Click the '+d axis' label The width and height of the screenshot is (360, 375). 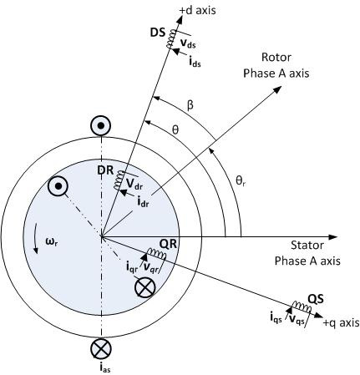pyautogui.click(x=197, y=11)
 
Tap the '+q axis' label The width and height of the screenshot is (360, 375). pyautogui.click(x=341, y=323)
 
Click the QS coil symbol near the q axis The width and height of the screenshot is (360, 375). pyautogui.click(x=302, y=307)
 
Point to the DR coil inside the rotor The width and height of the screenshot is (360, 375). pyautogui.click(x=119, y=180)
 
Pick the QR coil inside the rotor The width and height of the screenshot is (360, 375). pyautogui.click(x=157, y=253)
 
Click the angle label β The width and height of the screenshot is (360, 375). pyautogui.click(x=190, y=106)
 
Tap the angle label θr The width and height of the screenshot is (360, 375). pyautogui.click(x=241, y=181)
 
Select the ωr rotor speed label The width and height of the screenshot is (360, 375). pyautogui.click(x=53, y=241)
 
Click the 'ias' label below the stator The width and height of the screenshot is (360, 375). pyautogui.click(x=104, y=368)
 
